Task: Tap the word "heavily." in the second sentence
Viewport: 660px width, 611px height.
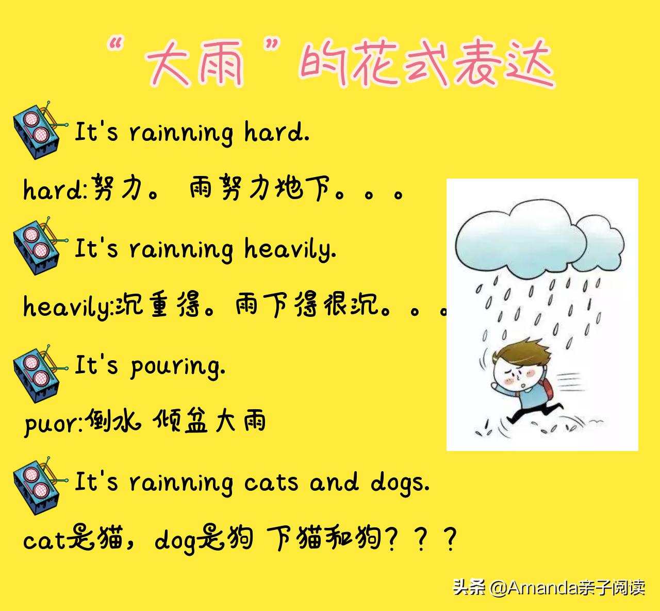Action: [290, 249]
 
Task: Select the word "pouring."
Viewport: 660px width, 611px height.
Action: [177, 366]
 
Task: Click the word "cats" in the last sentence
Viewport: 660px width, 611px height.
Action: [271, 483]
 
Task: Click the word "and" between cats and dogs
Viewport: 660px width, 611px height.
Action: [334, 483]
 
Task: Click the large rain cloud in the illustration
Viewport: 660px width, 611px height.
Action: [521, 240]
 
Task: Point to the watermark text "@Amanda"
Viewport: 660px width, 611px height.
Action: [533, 587]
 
